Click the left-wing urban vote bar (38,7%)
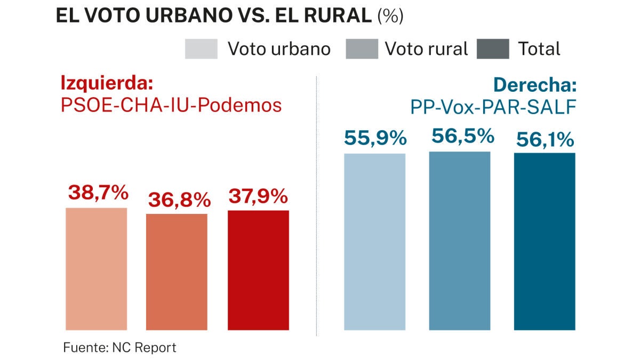[96, 269]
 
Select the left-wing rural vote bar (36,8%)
[177, 272]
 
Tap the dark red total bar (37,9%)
[258, 270]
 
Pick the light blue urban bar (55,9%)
[374, 242]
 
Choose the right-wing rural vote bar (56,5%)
[459, 241]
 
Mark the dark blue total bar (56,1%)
[545, 241]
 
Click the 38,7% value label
[98, 193]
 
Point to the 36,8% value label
[179, 201]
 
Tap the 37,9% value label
[258, 197]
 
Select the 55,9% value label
[375, 139]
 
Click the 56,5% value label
[462, 137]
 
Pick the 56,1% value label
[545, 140]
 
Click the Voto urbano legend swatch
[201, 49]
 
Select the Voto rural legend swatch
[362, 49]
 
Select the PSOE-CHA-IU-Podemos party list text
[171, 105]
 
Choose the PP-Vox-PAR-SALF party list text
[493, 107]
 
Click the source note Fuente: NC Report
[119, 348]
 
